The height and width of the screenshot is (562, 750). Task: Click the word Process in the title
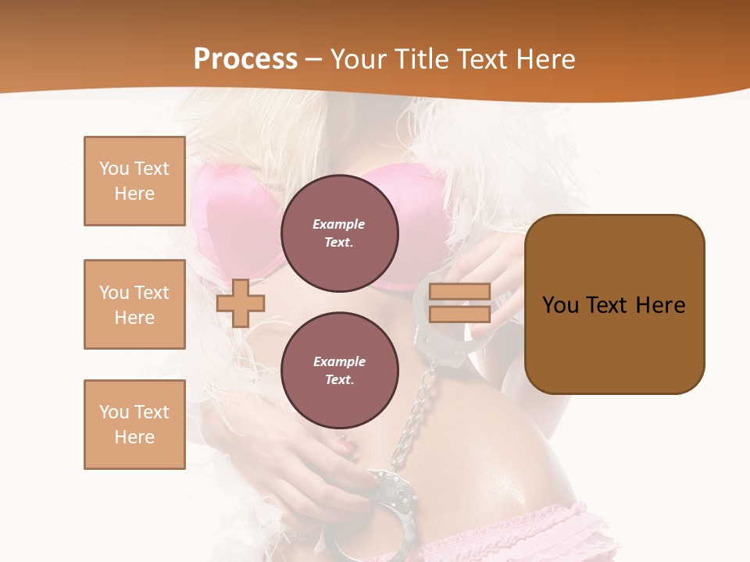tap(245, 59)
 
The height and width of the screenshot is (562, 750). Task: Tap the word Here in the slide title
tap(545, 59)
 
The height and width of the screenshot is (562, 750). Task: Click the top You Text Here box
tap(134, 181)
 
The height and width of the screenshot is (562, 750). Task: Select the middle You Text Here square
tap(134, 304)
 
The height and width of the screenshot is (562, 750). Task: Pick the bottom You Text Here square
tap(134, 425)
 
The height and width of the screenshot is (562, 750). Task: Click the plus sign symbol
tap(241, 303)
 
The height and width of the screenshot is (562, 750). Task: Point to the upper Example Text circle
tap(339, 233)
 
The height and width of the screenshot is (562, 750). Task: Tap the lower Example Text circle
tap(339, 370)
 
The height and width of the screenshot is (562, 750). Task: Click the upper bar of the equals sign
tap(460, 292)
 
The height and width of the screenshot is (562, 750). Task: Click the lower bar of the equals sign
tap(460, 314)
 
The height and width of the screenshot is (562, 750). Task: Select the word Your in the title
tap(357, 59)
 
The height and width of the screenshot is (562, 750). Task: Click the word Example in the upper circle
tap(338, 224)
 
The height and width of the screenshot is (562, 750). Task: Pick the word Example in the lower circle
tap(339, 361)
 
